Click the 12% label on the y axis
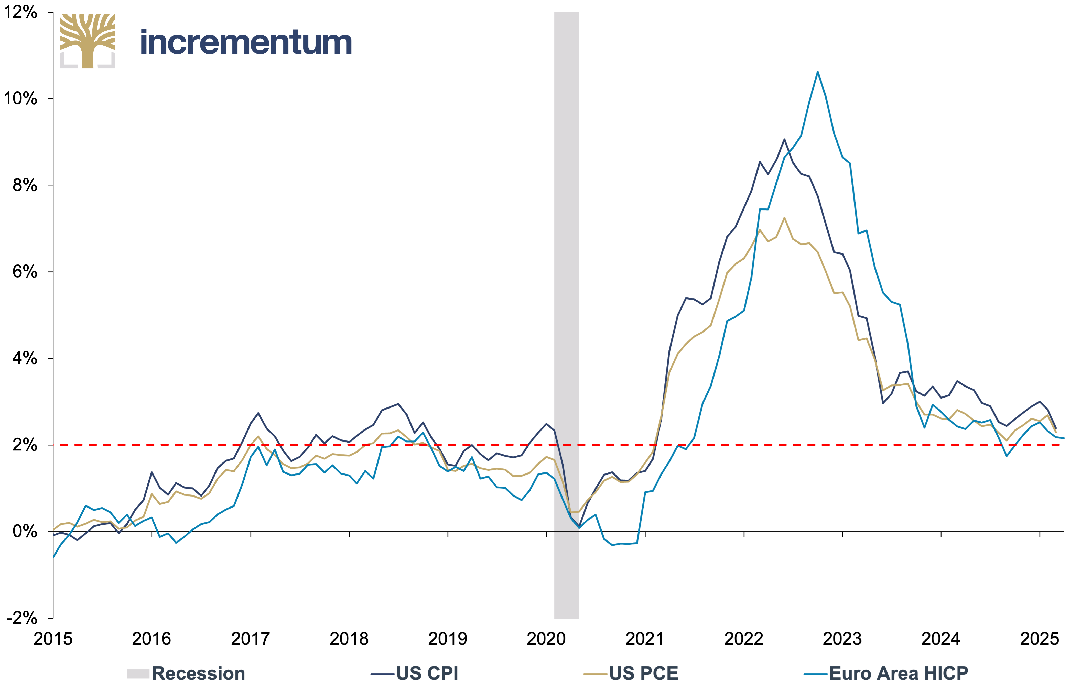click(x=20, y=12)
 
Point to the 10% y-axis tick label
click(x=20, y=98)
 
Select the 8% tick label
click(x=25, y=185)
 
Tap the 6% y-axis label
click(x=25, y=272)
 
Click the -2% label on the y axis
click(x=22, y=617)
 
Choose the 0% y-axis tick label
click(x=25, y=531)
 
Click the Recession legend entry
click(x=186, y=674)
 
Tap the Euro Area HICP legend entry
click(x=886, y=674)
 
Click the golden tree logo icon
click(x=88, y=41)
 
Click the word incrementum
click(x=246, y=43)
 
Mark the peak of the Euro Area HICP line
click(x=818, y=72)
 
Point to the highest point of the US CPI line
click(x=785, y=139)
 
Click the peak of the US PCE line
click(x=785, y=218)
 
